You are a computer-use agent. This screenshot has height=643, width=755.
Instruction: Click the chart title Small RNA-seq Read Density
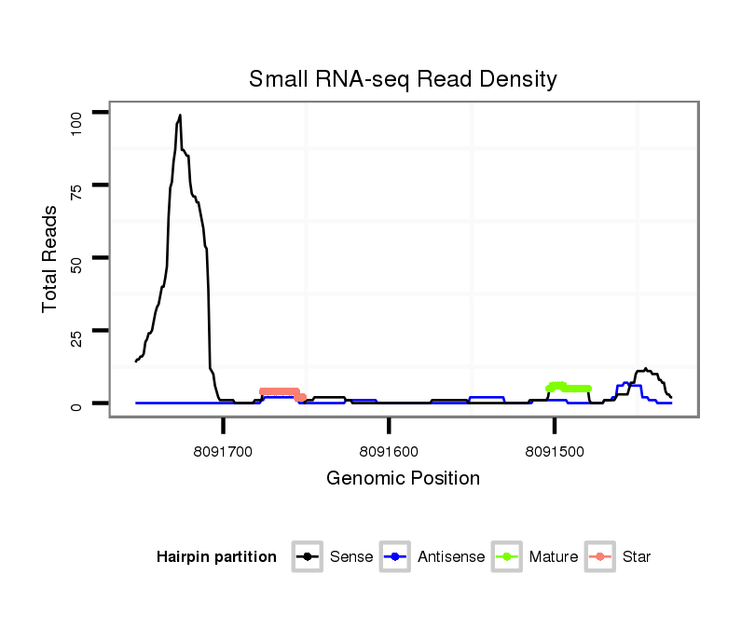pos(403,79)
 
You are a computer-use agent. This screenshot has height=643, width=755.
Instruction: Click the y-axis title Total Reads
pos(50,258)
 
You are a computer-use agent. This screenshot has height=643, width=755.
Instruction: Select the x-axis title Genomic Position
pos(403,479)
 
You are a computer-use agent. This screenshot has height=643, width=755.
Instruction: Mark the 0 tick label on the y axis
pos(77,404)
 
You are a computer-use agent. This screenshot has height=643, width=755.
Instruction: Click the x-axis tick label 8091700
pos(224,451)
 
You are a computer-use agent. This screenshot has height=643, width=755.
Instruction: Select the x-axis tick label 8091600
pos(389,451)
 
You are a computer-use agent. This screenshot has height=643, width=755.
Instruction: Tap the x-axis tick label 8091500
pos(555,451)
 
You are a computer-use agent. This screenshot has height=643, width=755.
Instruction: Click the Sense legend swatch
pos(308,557)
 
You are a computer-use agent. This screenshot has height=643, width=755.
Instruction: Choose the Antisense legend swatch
pos(396,557)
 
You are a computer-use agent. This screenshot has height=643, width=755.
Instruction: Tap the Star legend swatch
pos(600,557)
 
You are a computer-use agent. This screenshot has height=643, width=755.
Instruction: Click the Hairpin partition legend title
pos(216,557)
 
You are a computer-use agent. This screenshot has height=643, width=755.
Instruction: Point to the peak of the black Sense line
pos(179,116)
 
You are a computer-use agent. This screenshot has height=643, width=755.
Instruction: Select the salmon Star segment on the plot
pos(280,392)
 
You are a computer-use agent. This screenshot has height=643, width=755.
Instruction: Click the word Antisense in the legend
pos(451,557)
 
